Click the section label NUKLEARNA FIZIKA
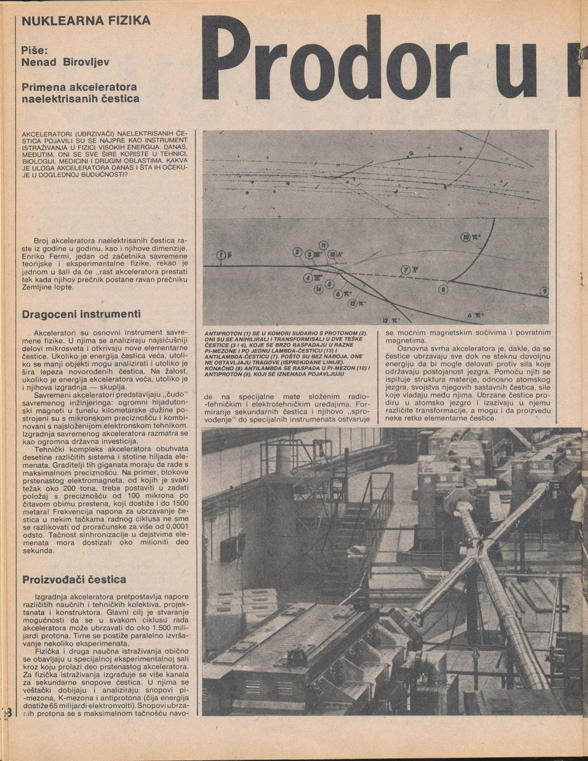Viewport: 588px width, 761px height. coord(86,21)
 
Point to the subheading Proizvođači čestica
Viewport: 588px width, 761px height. coord(74,579)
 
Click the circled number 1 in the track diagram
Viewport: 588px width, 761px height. coord(220,256)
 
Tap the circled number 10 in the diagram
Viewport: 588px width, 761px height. coord(465,238)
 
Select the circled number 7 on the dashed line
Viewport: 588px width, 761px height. coord(406,270)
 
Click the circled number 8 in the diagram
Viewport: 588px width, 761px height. coord(441,290)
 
